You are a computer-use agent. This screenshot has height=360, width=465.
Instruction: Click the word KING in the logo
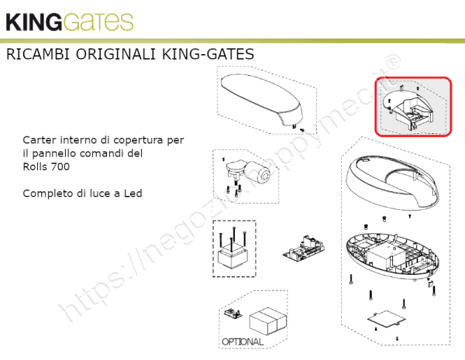coord(33,22)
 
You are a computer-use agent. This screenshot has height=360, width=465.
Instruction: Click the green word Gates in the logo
coord(98,22)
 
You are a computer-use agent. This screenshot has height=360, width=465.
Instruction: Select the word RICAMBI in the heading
coord(38,54)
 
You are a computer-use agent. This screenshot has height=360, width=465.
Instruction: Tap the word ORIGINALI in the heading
coord(115,54)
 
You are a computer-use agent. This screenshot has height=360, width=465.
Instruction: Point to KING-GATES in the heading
coord(208,54)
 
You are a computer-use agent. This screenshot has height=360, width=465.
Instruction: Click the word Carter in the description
coord(40,140)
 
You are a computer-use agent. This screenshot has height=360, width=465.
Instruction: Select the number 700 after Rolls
coord(60,166)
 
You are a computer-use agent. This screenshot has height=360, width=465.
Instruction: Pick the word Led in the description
coord(133,194)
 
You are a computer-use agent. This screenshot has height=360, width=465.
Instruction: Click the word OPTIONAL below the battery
coord(243,342)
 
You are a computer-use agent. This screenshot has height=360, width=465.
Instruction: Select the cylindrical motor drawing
coord(257,173)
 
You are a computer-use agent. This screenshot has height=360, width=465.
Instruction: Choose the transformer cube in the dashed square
coord(232,257)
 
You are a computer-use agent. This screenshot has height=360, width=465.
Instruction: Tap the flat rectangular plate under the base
coord(387,319)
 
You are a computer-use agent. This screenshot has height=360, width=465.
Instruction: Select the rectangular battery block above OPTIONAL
coord(268,321)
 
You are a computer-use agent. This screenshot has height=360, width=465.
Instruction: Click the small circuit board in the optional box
coord(232,313)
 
